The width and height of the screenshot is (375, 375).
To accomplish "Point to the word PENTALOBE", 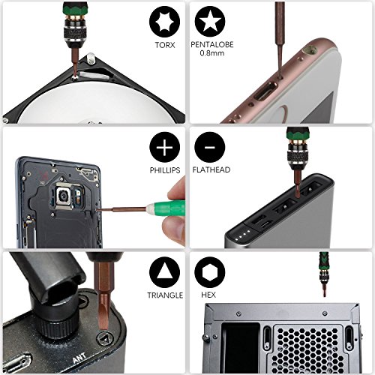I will pyautogui.click(x=211, y=46).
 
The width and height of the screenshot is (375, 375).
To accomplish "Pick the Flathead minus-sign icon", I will pyautogui.click(x=209, y=146).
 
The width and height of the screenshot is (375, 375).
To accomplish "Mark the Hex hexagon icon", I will pyautogui.click(x=209, y=270).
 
